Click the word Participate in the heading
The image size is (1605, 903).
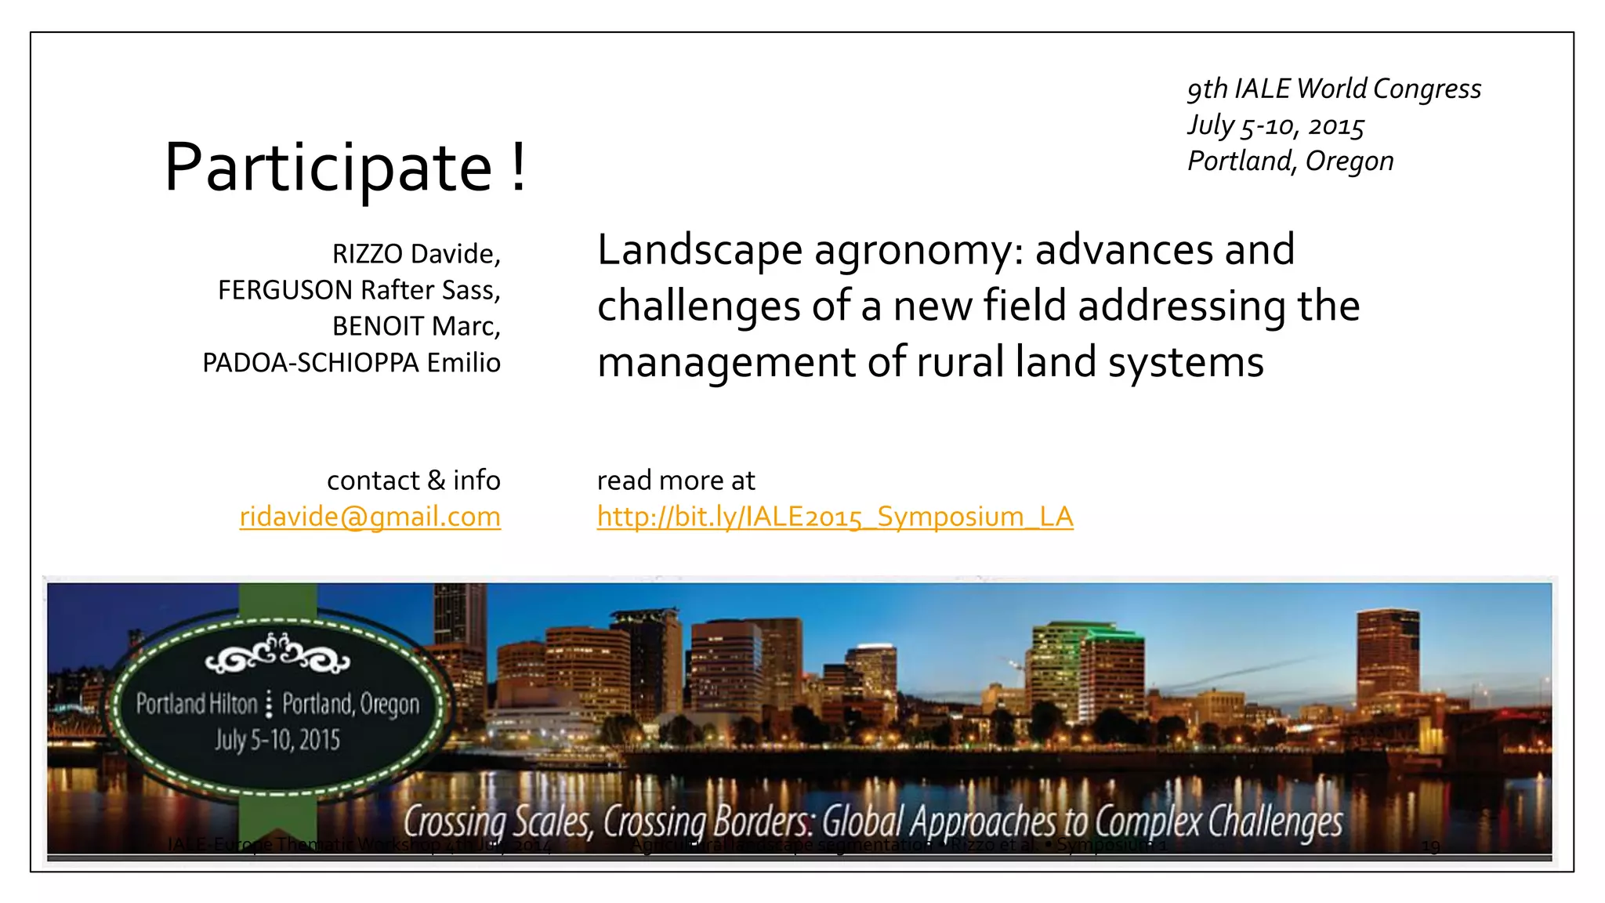(328, 168)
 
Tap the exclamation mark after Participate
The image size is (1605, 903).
(518, 168)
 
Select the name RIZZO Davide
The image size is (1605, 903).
(415, 254)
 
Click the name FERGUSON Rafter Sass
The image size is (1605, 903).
(359, 290)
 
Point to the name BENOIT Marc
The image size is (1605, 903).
(415, 326)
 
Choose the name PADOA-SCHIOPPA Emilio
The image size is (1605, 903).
(351, 363)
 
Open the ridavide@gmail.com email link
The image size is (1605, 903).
(370, 517)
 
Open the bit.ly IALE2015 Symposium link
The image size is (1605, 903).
(835, 517)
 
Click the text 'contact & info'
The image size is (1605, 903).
(413, 480)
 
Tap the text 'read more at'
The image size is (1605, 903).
(676, 480)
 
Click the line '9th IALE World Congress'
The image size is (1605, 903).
(1334, 89)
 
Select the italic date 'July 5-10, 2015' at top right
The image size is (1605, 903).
(1276, 125)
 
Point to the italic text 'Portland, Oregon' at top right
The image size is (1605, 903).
(1290, 161)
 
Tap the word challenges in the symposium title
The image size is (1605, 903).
(698, 306)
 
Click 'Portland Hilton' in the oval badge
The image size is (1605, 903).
(197, 704)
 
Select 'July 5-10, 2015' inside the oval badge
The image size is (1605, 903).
(277, 739)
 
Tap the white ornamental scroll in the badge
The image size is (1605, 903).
(277, 655)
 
